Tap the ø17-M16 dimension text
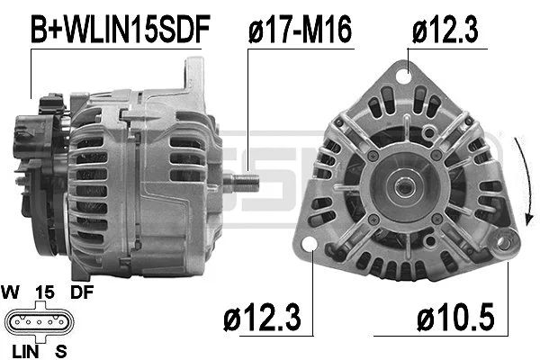(x=300, y=29)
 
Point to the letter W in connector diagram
(x=13, y=292)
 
